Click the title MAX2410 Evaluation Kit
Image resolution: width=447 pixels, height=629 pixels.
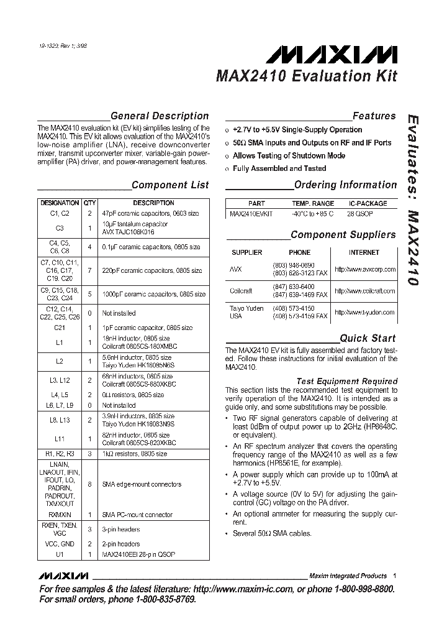pos(306,77)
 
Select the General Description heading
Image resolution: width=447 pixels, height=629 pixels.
pos(159,116)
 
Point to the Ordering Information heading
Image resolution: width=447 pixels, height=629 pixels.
pos(345,185)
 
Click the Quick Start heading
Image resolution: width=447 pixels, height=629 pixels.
pos(368,338)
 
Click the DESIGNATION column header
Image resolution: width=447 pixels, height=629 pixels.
pos(60,203)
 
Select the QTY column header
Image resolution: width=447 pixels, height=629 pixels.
pos(90,203)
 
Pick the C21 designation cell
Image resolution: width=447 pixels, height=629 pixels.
pos(60,328)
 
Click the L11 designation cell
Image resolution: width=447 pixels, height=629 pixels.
pos(60,439)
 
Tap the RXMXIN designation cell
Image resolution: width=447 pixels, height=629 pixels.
pos(60,515)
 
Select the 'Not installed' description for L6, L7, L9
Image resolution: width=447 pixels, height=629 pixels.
pos(119,405)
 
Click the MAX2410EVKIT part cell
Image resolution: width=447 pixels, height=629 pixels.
pos(251,213)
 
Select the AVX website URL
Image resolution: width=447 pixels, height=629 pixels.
pos(364,270)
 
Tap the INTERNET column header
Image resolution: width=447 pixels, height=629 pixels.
pos(364,253)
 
